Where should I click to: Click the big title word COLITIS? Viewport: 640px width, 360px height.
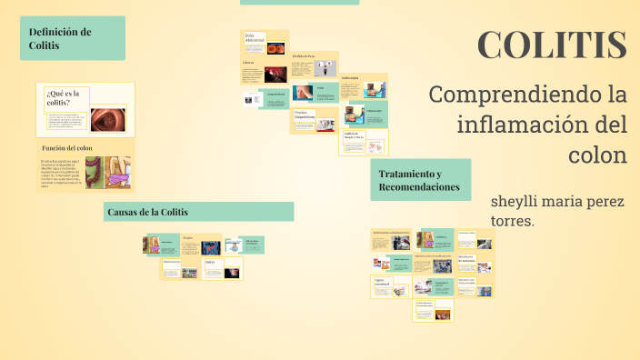tap(552, 45)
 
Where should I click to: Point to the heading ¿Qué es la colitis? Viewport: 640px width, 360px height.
tap(63, 97)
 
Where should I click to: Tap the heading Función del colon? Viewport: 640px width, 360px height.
tap(67, 147)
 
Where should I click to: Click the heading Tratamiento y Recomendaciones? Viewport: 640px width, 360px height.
tap(419, 181)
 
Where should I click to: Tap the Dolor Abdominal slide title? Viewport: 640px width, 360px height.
tap(255, 38)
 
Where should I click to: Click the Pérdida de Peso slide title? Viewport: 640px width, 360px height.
tap(304, 56)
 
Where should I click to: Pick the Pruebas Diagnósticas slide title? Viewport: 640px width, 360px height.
tap(305, 115)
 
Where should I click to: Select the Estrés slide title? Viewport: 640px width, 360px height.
tap(187, 237)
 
